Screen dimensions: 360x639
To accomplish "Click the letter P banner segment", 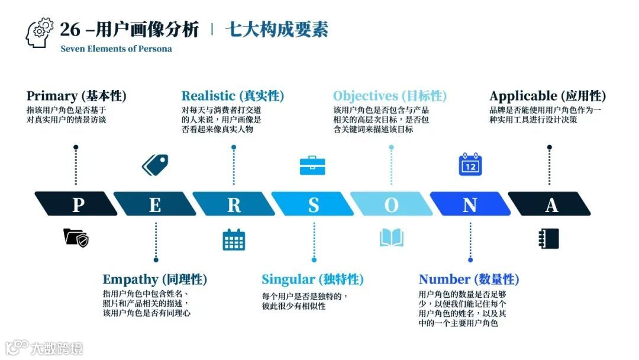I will click(x=76, y=204).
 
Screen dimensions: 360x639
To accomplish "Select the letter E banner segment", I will click(x=155, y=204).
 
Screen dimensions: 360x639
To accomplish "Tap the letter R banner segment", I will click(x=234, y=204).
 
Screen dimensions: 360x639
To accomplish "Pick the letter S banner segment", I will click(x=313, y=204).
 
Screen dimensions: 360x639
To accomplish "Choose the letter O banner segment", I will click(x=392, y=204).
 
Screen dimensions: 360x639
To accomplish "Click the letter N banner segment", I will click(x=470, y=204).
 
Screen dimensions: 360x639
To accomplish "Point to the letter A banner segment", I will click(x=550, y=204).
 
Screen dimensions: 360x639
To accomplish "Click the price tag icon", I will click(x=155, y=164).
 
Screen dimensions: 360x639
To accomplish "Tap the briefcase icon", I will click(x=313, y=165).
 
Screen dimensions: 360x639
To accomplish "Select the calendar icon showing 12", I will click(x=470, y=165).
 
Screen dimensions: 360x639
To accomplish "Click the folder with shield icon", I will click(x=76, y=238).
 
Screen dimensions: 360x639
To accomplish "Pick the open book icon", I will click(x=392, y=238).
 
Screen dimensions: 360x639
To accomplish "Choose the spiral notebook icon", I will click(x=549, y=239).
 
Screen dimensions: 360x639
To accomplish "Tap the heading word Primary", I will click(x=52, y=96).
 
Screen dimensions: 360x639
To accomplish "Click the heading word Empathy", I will click(x=131, y=279).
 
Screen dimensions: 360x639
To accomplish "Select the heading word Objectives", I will click(x=366, y=96).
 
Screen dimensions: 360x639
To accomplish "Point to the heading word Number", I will click(x=444, y=279).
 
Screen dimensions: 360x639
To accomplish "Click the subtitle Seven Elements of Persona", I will click(x=116, y=49).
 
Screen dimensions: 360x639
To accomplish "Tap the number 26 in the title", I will click(x=70, y=30).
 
